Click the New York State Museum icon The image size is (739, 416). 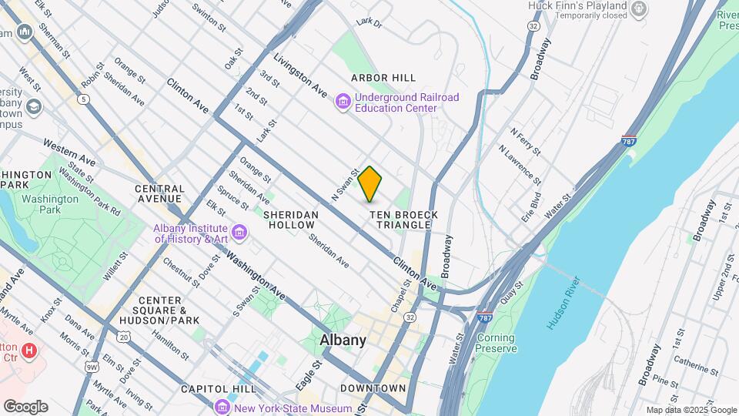click(222, 408)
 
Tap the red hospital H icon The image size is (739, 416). click(29, 351)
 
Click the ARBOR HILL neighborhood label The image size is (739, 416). click(383, 78)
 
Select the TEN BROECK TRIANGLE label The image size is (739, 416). click(403, 220)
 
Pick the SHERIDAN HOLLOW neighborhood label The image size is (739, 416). click(289, 220)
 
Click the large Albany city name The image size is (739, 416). click(343, 341)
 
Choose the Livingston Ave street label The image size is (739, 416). click(300, 75)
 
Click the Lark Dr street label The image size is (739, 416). click(369, 24)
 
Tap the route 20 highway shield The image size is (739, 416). click(122, 336)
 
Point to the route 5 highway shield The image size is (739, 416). click(82, 99)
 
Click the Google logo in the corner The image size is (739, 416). click(25, 407)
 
